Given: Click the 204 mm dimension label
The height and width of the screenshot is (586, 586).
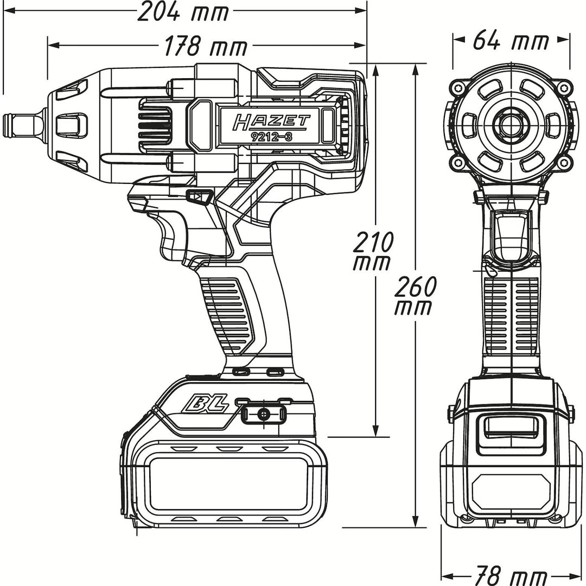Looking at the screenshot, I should pos(183,12).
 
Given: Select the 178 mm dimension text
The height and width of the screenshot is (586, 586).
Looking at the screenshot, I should pos(206,47).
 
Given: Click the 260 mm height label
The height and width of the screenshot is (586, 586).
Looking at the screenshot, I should pos(413,296).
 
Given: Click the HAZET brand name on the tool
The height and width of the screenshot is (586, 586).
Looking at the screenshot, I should pos(271,122).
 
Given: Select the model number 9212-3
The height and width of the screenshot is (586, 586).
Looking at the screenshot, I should pos(271,137).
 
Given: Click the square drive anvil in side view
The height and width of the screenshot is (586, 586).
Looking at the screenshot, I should pos(22,125).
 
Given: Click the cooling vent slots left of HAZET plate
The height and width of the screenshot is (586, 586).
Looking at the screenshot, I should pos(155,129).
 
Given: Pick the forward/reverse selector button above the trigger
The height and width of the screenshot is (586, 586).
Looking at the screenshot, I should pos(199,196).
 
